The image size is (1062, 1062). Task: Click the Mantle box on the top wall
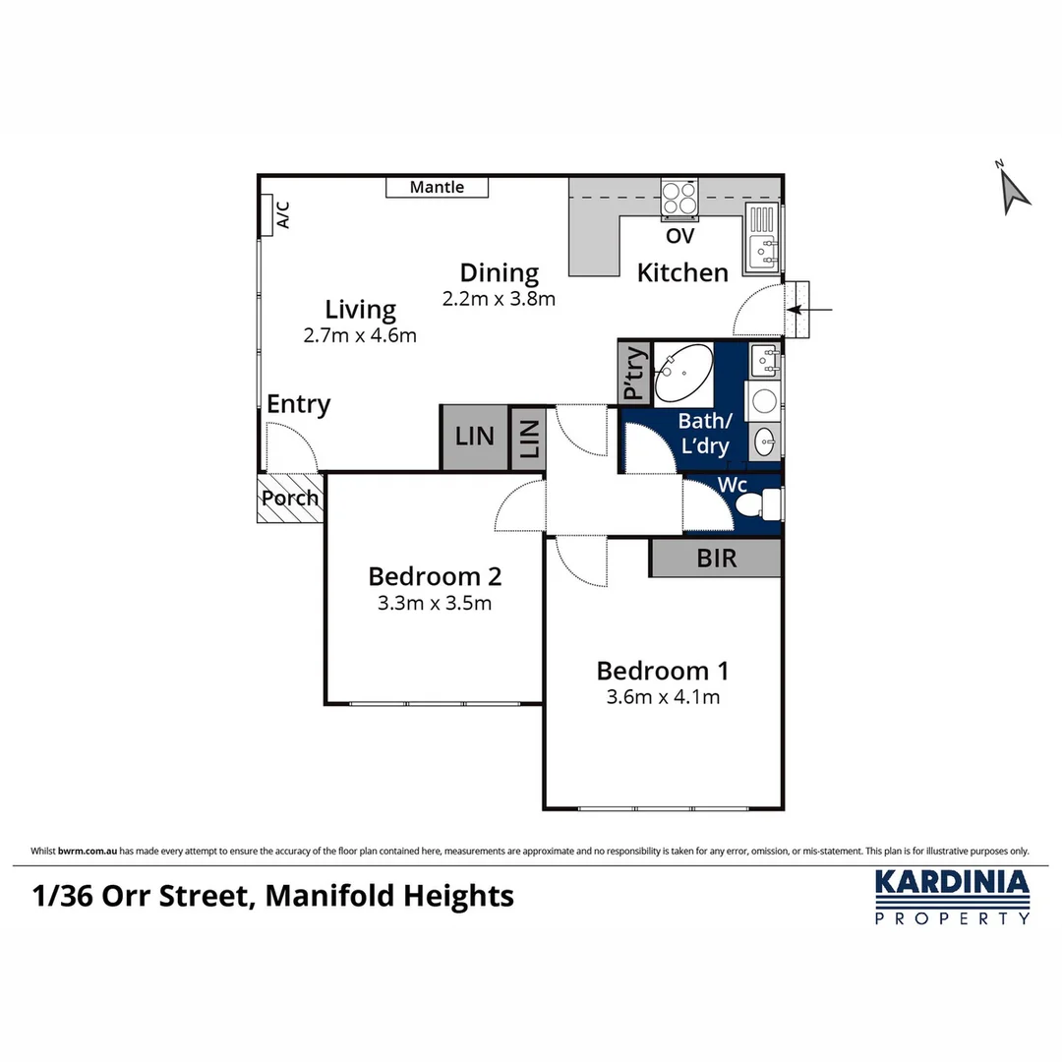437,187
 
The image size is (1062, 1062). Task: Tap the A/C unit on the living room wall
266,215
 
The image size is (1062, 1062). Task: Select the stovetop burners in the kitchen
678,199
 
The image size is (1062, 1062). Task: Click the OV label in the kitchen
679,237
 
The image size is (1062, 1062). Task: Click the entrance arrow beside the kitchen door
812,310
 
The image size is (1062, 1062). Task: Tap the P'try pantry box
633,373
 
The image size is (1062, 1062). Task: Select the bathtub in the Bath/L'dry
684,374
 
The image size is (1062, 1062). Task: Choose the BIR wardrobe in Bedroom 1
716,558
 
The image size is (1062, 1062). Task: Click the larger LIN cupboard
475,436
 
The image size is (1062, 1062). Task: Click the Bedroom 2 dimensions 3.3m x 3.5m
434,604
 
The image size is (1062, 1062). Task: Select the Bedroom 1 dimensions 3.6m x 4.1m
663,698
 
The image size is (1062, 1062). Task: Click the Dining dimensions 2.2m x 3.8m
499,299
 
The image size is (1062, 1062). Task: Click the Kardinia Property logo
952,896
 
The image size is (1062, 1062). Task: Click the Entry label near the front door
299,404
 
